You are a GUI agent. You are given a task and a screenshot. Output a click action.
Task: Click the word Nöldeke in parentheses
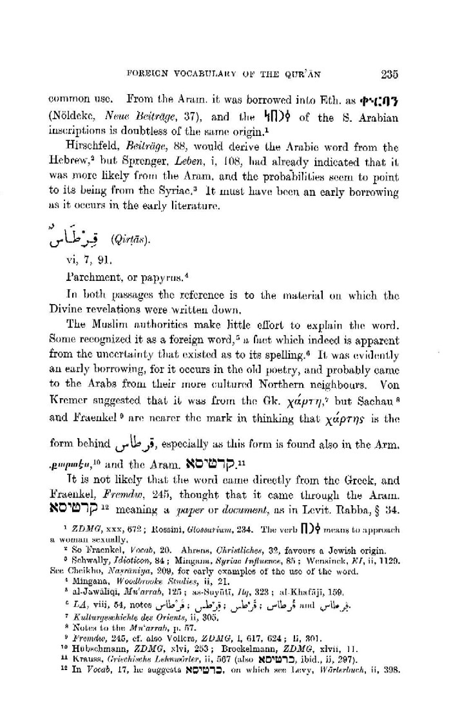(x=75, y=117)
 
